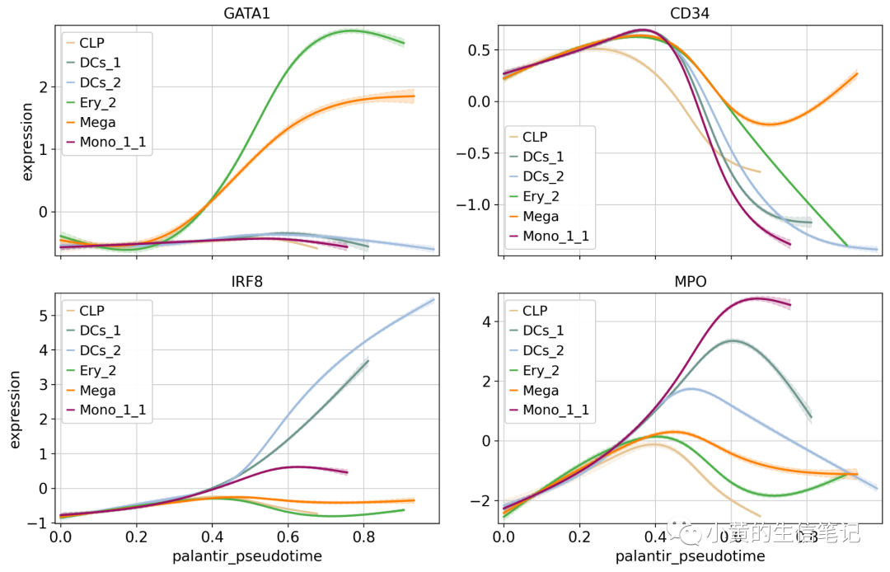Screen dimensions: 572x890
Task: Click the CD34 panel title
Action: click(x=691, y=13)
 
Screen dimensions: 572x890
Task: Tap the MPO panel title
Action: click(x=691, y=282)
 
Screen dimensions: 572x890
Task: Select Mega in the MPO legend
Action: click(x=541, y=391)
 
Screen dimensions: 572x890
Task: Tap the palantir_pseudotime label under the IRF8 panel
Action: click(x=247, y=556)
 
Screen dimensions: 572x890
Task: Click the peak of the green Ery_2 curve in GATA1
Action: click(x=352, y=30)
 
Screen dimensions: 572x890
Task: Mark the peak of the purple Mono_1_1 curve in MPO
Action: click(x=757, y=298)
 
